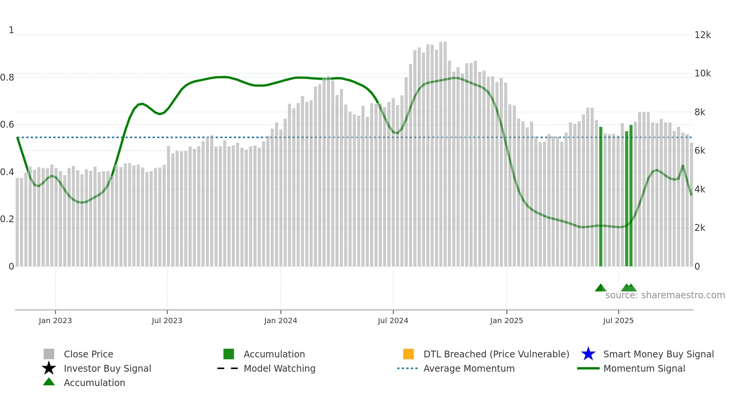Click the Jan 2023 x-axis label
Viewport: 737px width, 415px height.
point(55,320)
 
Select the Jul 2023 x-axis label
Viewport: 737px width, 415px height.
point(167,320)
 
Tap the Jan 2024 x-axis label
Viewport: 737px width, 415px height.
point(281,320)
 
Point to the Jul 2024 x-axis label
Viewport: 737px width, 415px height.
point(393,320)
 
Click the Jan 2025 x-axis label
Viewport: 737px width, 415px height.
point(506,320)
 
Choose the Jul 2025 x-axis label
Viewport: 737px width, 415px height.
point(618,320)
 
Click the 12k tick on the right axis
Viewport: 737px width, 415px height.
point(702,35)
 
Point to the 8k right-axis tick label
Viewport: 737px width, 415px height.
point(700,112)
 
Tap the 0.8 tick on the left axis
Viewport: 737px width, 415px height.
point(7,78)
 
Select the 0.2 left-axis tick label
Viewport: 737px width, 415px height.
point(7,219)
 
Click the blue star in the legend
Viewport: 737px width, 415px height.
point(588,354)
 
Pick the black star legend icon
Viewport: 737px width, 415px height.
point(49,368)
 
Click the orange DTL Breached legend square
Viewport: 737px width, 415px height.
point(408,354)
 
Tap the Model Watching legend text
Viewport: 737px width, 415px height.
point(279,368)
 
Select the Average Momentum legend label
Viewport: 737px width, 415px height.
point(469,368)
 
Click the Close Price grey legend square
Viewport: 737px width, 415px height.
point(49,354)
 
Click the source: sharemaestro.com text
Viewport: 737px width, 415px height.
point(665,295)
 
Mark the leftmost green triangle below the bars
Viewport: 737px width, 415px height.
point(601,288)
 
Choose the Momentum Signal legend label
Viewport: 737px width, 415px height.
point(644,368)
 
